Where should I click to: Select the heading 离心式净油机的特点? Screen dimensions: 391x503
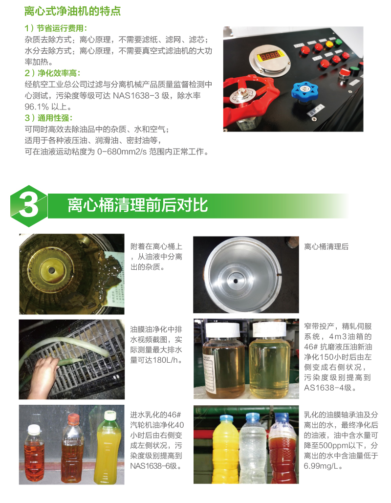click(x=72, y=11)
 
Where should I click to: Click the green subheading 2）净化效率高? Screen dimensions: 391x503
click(x=52, y=73)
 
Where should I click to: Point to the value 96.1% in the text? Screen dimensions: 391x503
click(x=37, y=107)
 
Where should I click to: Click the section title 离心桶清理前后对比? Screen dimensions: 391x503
click(x=138, y=205)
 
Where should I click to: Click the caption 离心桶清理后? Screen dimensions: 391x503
click(x=326, y=247)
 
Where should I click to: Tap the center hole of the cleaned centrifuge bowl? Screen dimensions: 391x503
click(x=236, y=281)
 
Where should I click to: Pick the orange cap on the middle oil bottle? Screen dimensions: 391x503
click(x=74, y=418)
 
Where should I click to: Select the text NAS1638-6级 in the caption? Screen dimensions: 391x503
click(x=153, y=466)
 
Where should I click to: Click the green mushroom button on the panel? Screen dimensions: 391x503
click(x=339, y=42)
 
